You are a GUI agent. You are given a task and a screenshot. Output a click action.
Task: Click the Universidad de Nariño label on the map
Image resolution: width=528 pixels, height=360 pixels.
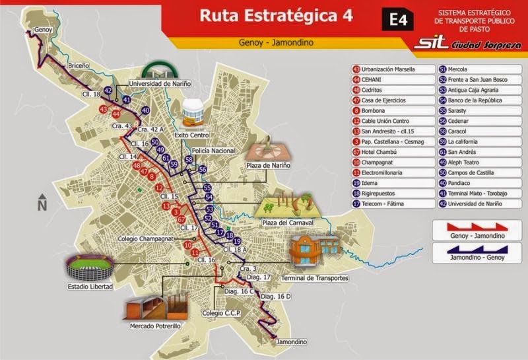click(x=159, y=83)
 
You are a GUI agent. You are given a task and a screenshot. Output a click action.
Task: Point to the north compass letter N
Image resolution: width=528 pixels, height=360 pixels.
click(x=42, y=205)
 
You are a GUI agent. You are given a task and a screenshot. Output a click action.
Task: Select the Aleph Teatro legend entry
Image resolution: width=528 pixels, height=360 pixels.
click(x=466, y=162)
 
